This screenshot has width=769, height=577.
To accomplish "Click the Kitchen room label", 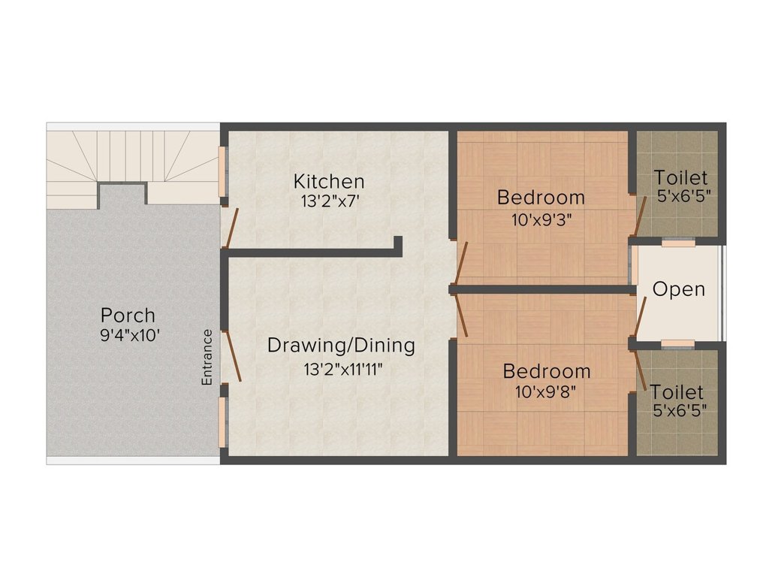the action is (329, 182).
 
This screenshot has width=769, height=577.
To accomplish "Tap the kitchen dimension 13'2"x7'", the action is (329, 201).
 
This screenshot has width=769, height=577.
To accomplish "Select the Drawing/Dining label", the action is (342, 346).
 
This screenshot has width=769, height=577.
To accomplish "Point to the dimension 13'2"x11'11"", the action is (342, 369).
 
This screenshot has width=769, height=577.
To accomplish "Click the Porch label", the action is (128, 315).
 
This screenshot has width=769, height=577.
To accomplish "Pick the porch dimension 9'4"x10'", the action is (130, 336).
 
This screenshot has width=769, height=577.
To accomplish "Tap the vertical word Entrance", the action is (207, 357).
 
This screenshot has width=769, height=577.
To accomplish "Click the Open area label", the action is (679, 289).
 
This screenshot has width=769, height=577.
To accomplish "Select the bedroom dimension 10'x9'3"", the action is (541, 220).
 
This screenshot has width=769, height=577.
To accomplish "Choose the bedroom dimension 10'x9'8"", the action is (545, 391).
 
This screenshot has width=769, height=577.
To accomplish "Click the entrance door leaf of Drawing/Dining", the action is (231, 356).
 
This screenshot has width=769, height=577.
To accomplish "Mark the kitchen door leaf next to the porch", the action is (231, 228).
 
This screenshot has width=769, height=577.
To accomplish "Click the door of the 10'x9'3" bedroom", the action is (461, 263).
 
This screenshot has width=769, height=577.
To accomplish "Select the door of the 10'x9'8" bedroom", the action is (462, 315).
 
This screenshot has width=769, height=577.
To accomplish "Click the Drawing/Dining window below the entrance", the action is (222, 422).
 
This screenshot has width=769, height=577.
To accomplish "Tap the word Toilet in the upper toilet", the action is (680, 177).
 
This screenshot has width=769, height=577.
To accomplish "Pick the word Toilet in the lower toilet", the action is (677, 392).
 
